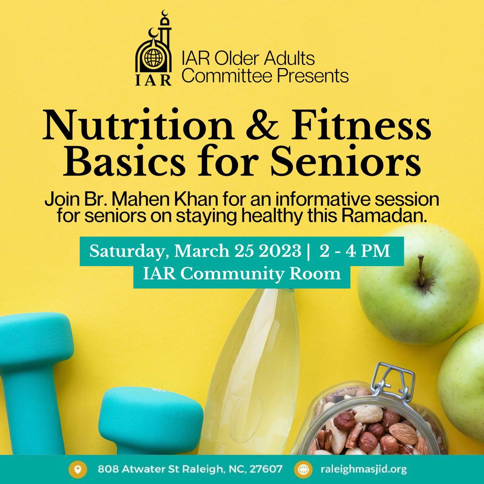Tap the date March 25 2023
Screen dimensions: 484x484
click(237, 251)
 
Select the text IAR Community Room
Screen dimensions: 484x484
click(242, 274)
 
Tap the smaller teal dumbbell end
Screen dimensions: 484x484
click(151, 419)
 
